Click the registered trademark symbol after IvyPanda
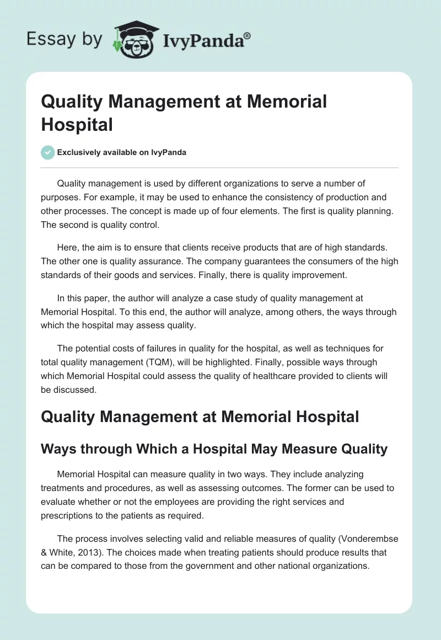click(247, 35)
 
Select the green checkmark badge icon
click(48, 152)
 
